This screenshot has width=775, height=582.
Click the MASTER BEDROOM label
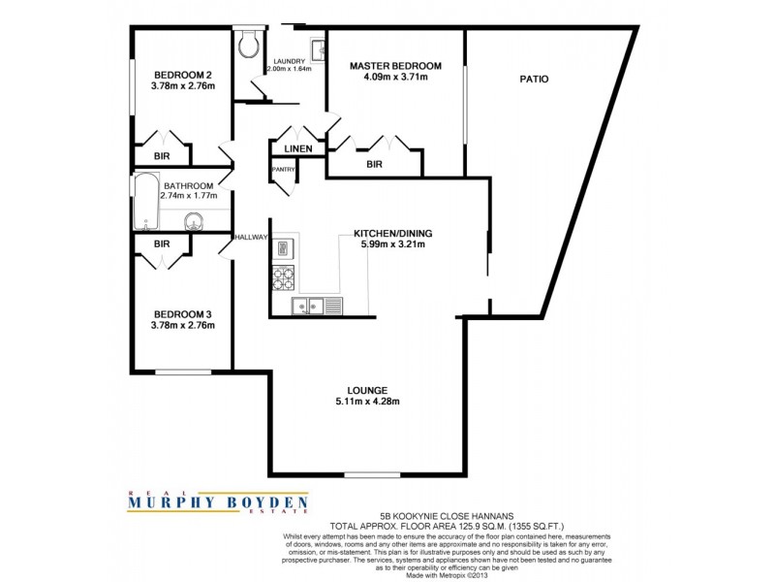[x=395, y=66]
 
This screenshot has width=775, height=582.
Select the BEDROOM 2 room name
[x=182, y=75]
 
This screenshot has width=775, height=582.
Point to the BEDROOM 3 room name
[x=182, y=314]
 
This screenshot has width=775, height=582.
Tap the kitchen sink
[x=309, y=307]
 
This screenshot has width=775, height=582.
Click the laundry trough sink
[x=316, y=48]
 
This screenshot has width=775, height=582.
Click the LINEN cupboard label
[x=297, y=148]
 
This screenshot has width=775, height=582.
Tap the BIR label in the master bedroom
[x=374, y=165]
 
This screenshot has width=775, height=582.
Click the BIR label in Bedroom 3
[x=162, y=243]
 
